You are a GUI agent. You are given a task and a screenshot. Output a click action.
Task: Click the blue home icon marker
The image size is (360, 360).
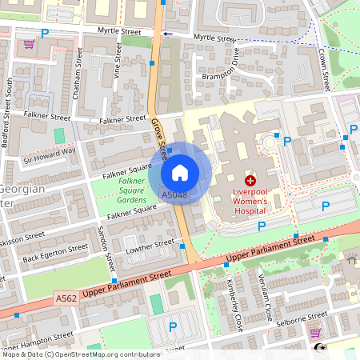[180, 172]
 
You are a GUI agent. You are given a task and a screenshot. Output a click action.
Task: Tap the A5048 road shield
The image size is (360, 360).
[174, 194]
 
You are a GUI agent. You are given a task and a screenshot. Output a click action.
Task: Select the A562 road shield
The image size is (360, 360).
[67, 298]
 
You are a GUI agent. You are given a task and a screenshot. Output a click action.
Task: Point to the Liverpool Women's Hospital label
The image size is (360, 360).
[250, 204]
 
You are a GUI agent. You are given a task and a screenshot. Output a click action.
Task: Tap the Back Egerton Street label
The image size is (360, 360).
[55, 252]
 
